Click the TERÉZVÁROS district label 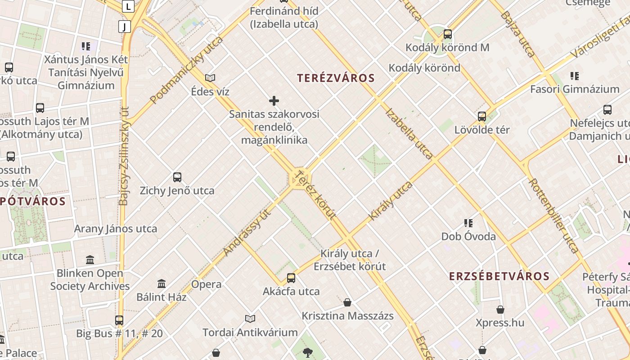[336, 78]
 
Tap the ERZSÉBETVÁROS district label [499, 276]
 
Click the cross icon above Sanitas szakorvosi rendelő [274, 101]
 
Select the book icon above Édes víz [210, 78]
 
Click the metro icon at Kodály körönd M [447, 34]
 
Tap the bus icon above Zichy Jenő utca [177, 177]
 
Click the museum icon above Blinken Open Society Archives [90, 260]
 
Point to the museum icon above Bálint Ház [162, 283]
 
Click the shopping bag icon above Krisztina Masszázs [347, 302]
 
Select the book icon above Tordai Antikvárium [250, 319]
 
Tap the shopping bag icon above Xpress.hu [500, 309]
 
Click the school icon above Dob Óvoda [468, 223]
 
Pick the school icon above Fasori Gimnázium [574, 76]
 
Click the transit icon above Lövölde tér [482, 117]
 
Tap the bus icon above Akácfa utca [291, 278]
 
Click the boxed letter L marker [129, 6]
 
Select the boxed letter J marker [125, 27]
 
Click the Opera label [206, 284]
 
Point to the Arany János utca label [116, 229]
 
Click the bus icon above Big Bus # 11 [119, 320]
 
